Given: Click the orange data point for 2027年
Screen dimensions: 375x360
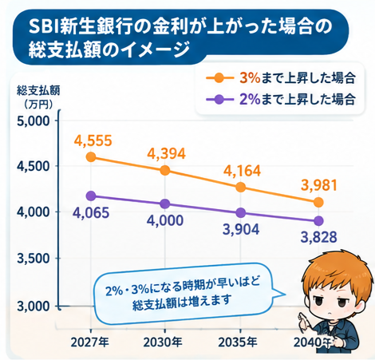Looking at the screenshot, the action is (x=91, y=156).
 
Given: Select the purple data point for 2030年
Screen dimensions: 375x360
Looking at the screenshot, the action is (x=165, y=204).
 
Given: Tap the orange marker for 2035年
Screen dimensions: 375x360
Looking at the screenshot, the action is (x=241, y=187).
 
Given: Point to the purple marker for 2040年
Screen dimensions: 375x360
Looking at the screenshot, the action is (x=318, y=221).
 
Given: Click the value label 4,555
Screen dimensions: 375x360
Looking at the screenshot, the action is (x=93, y=141).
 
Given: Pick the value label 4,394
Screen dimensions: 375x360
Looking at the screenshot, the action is (x=167, y=154).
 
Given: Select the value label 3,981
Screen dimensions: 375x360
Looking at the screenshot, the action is (x=319, y=185).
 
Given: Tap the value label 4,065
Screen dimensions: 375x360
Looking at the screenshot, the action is (x=91, y=213).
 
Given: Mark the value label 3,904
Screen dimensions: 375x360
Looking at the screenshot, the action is (x=241, y=229).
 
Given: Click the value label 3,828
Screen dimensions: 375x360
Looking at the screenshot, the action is (x=319, y=237).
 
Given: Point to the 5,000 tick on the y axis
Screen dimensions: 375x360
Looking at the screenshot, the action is (x=34, y=121).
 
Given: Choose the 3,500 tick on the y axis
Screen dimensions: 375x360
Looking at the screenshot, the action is (x=34, y=259).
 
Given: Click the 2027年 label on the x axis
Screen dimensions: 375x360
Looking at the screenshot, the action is (x=90, y=342).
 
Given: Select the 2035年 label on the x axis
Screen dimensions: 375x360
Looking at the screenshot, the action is (x=238, y=342).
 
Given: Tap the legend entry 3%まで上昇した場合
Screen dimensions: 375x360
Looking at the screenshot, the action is (x=281, y=78).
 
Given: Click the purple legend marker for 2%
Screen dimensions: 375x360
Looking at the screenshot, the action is (x=219, y=100).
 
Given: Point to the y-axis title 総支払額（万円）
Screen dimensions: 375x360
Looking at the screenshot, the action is (x=38, y=97).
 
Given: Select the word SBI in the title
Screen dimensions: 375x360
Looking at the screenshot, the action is (x=44, y=26).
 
